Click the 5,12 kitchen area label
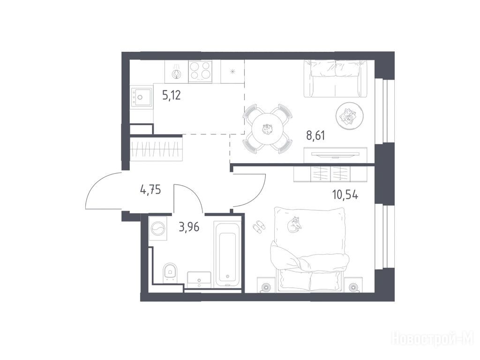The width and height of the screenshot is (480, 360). coord(172,96)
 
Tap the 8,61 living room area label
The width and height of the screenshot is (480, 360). coord(315,135)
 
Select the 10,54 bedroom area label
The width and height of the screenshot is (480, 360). coord(345,195)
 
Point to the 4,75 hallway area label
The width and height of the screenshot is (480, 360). coord(150,190)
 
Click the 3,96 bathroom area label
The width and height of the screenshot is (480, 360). coord(189,227)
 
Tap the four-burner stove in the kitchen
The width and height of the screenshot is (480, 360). coord(200,71)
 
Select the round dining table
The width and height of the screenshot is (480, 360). coord(267,129)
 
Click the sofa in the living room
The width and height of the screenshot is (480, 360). coord(336,79)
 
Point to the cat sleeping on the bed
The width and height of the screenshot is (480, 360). coord(294,224)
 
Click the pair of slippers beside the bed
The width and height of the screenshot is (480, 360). coord(259,226)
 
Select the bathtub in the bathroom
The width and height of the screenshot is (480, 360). coord(227,254)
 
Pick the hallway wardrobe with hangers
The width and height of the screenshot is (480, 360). coord(157,150)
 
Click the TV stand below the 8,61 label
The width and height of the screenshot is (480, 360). coord(336,155)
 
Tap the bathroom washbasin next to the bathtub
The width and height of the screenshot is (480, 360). coord(199,280)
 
